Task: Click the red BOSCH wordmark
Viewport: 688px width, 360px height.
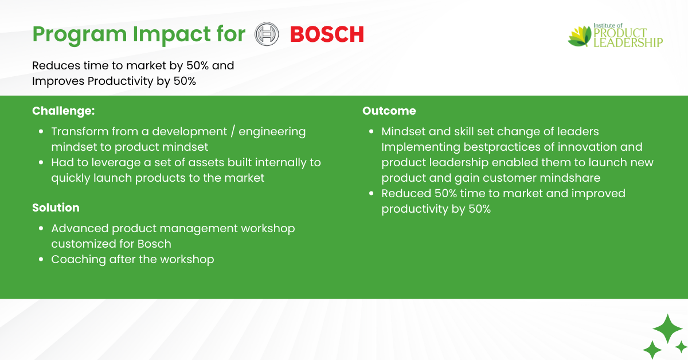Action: click(x=327, y=34)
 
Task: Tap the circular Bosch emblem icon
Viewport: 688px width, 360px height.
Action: click(x=267, y=34)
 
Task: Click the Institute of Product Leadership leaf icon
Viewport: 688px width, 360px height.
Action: click(x=580, y=36)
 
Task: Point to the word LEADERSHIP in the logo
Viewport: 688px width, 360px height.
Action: click(x=628, y=42)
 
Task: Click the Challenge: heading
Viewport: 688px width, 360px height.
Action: click(x=64, y=111)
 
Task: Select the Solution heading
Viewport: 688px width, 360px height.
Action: click(x=56, y=208)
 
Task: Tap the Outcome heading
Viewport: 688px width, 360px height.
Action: click(x=389, y=111)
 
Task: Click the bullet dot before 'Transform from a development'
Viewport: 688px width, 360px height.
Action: click(x=41, y=132)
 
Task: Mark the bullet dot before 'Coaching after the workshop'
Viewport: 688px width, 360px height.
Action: click(x=41, y=260)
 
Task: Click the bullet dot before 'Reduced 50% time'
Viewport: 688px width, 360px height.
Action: click(x=372, y=194)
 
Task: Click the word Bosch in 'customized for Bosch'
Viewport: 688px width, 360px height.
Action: click(x=154, y=244)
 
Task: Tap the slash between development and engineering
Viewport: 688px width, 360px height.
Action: click(x=233, y=132)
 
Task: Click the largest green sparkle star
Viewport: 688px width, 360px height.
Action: click(x=667, y=328)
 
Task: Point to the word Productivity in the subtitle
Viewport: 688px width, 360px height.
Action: click(x=120, y=81)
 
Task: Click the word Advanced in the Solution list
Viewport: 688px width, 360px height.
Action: click(x=80, y=229)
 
